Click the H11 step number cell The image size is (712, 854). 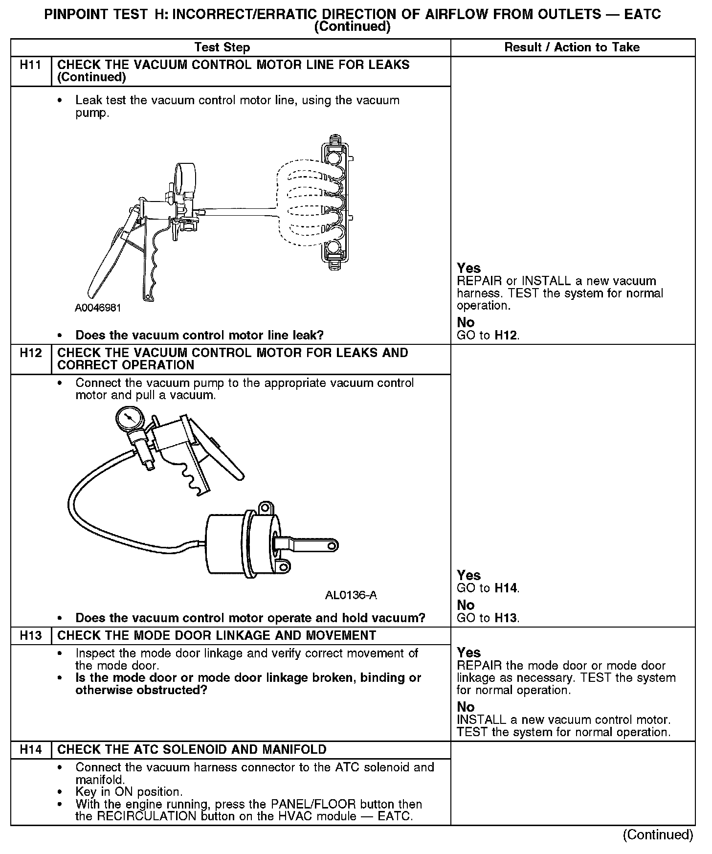pyautogui.click(x=31, y=65)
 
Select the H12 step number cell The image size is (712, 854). pyautogui.click(x=31, y=353)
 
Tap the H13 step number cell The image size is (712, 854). pyautogui.click(x=31, y=635)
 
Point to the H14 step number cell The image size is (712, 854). pyautogui.click(x=31, y=749)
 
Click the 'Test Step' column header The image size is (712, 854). pyautogui.click(x=222, y=47)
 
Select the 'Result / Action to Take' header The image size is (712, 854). pyautogui.click(x=572, y=47)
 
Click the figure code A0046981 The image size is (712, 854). pyautogui.click(x=98, y=308)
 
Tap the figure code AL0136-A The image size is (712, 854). pyautogui.click(x=351, y=595)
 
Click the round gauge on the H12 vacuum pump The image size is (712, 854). pyautogui.click(x=129, y=419)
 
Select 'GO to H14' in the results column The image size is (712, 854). pyautogui.click(x=488, y=588)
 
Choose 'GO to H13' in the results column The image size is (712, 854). pyautogui.click(x=488, y=618)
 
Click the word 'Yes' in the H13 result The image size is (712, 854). pyautogui.click(x=468, y=652)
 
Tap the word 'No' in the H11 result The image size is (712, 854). pyautogui.click(x=466, y=322)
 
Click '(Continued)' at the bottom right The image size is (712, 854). pyautogui.click(x=658, y=834)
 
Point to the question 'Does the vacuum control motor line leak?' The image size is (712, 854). pyautogui.click(x=200, y=336)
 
